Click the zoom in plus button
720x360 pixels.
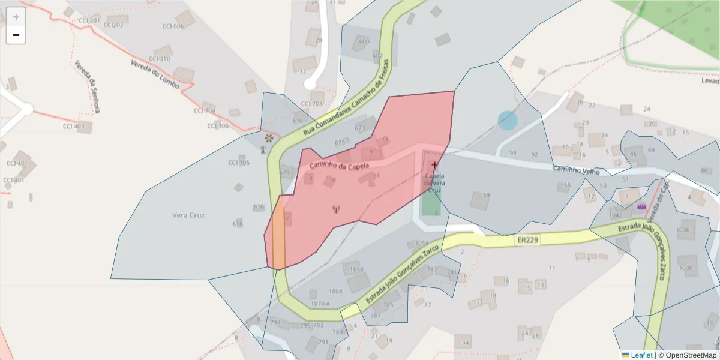pyautogui.click(x=16, y=17)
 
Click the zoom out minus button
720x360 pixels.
pyautogui.click(x=16, y=35)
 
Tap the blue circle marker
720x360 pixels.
pyautogui.click(x=508, y=121)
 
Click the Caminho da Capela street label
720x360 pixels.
pyautogui.click(x=339, y=164)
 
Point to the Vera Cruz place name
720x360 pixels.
pyautogui.click(x=188, y=215)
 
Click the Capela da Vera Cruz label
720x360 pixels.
pyautogui.click(x=434, y=183)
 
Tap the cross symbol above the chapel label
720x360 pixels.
pyautogui.click(x=434, y=164)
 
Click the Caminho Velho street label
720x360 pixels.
pyautogui.click(x=576, y=170)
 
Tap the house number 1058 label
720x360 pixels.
pyautogui.click(x=356, y=269)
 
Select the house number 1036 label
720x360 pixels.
pyautogui.click(x=683, y=229)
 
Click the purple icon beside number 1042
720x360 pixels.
pyautogui.click(x=641, y=207)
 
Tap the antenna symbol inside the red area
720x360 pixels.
pyautogui.click(x=335, y=209)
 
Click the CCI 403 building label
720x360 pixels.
pyautogui.click(x=74, y=126)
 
